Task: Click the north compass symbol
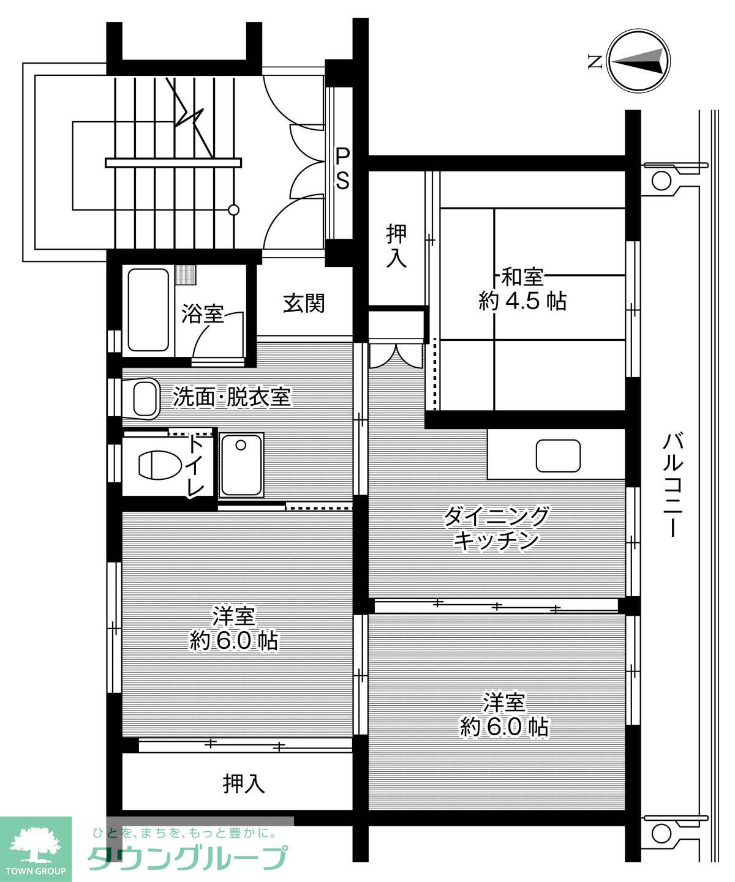point(639,61)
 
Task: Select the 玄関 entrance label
point(303,304)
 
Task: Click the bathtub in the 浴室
point(148,310)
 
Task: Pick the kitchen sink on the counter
point(558,456)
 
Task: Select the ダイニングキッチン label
point(497,529)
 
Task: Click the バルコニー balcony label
point(673,485)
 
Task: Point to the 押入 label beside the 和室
point(396,246)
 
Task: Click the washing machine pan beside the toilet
point(241,464)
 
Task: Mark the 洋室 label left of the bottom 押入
point(233,628)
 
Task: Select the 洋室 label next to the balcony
point(504,714)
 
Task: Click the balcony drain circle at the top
point(661,181)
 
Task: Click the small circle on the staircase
point(234,210)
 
